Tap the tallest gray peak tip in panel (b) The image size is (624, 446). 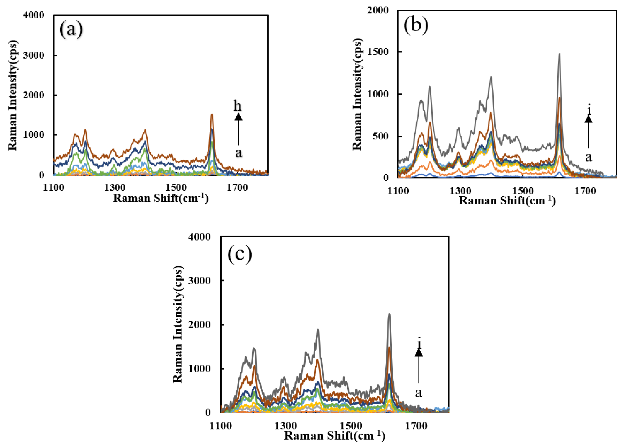pos(559,54)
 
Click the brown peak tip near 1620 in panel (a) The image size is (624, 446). pos(212,114)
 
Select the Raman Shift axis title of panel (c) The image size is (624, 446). pos(334,436)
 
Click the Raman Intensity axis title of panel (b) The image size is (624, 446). pos(357,94)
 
